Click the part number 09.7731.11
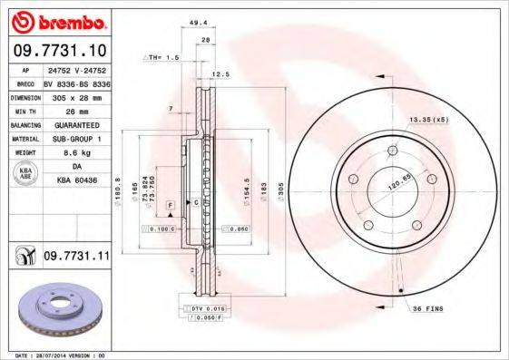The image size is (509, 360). pyautogui.click(x=76, y=258)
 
